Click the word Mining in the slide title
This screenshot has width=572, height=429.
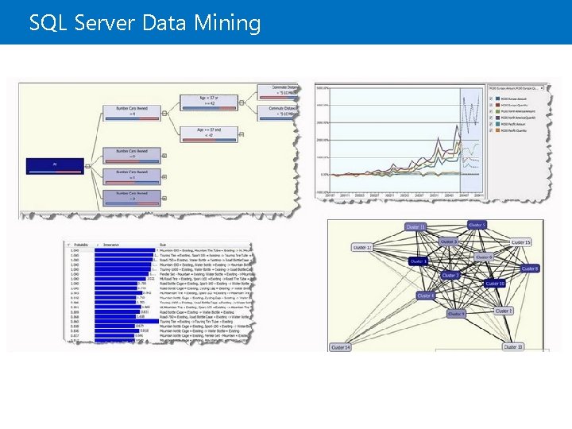click(233, 24)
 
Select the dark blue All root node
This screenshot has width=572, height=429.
click(54, 166)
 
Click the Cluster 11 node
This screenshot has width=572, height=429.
click(415, 227)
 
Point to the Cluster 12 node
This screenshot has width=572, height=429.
click(362, 248)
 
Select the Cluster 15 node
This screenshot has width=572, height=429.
click(521, 242)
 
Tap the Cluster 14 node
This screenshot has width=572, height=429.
click(341, 347)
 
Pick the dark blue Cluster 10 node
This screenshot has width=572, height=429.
click(495, 284)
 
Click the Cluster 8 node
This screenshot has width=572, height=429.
click(530, 269)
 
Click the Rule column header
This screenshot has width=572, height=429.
click(163, 245)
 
